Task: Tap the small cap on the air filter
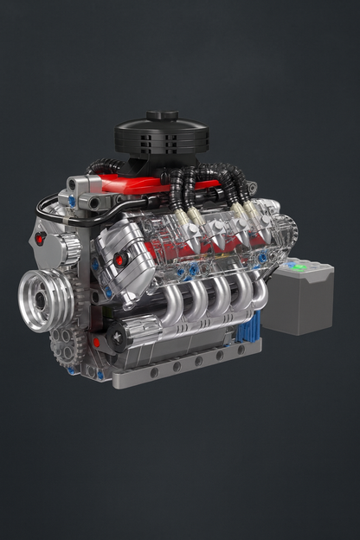pos(163,115)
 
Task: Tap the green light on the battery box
pos(299,267)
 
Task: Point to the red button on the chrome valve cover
pos(122,258)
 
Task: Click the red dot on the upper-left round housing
pos(41,239)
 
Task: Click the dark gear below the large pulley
pos(61,345)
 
